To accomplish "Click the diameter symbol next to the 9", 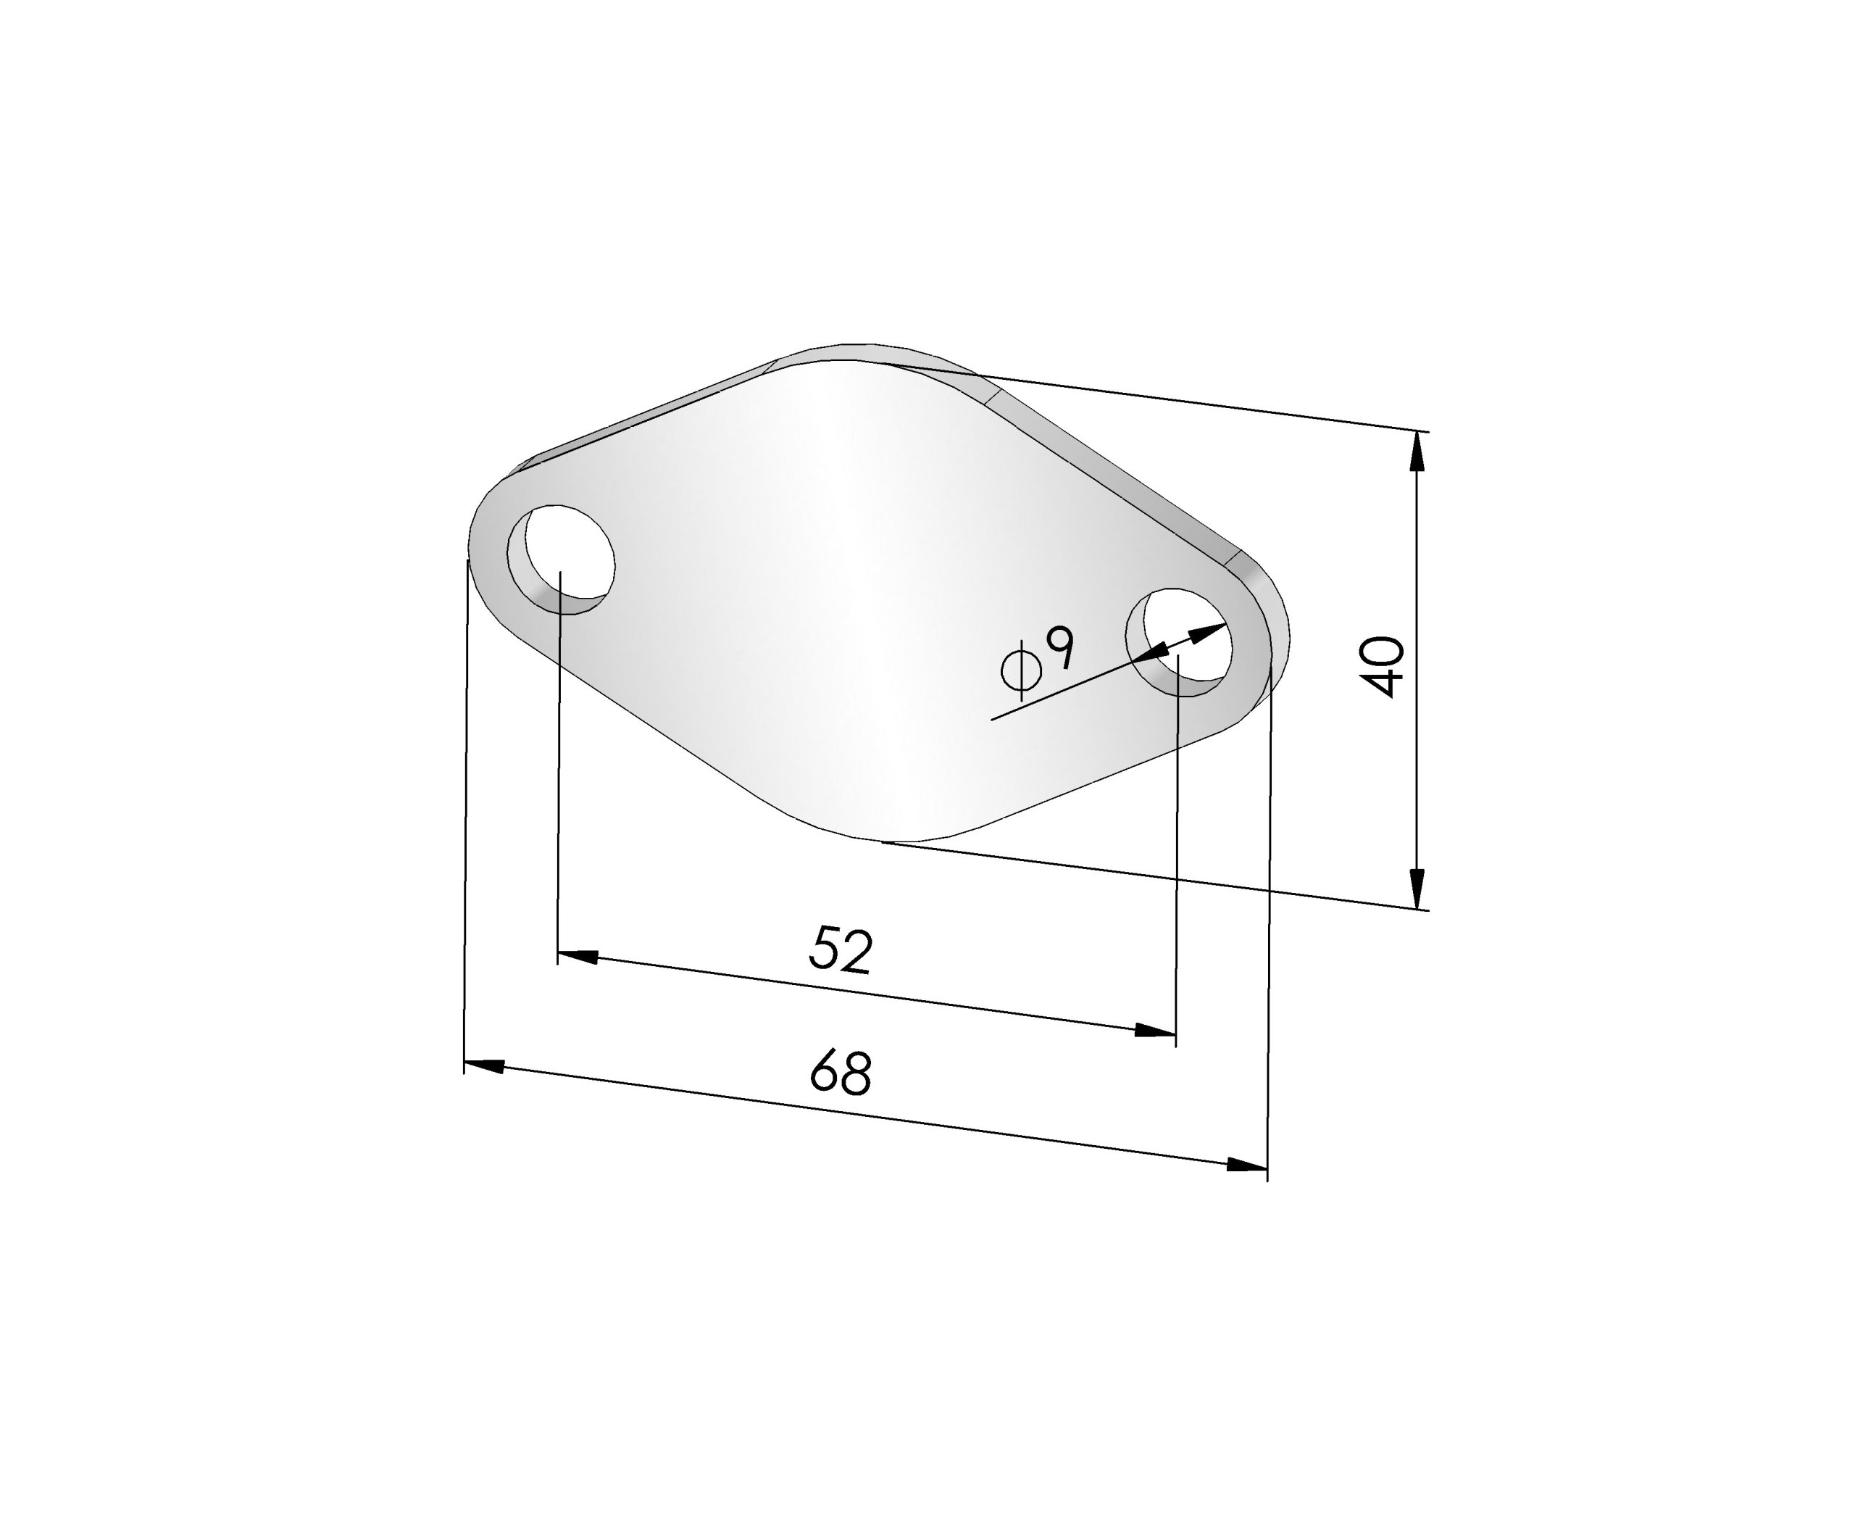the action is pyautogui.click(x=1021, y=670).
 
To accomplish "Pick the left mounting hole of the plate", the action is pyautogui.click(x=561, y=558).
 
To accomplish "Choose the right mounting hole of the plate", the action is pyautogui.click(x=1179, y=641).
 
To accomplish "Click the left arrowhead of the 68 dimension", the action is pyautogui.click(x=484, y=1065).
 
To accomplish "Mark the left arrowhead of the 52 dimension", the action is pyautogui.click(x=578, y=957).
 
